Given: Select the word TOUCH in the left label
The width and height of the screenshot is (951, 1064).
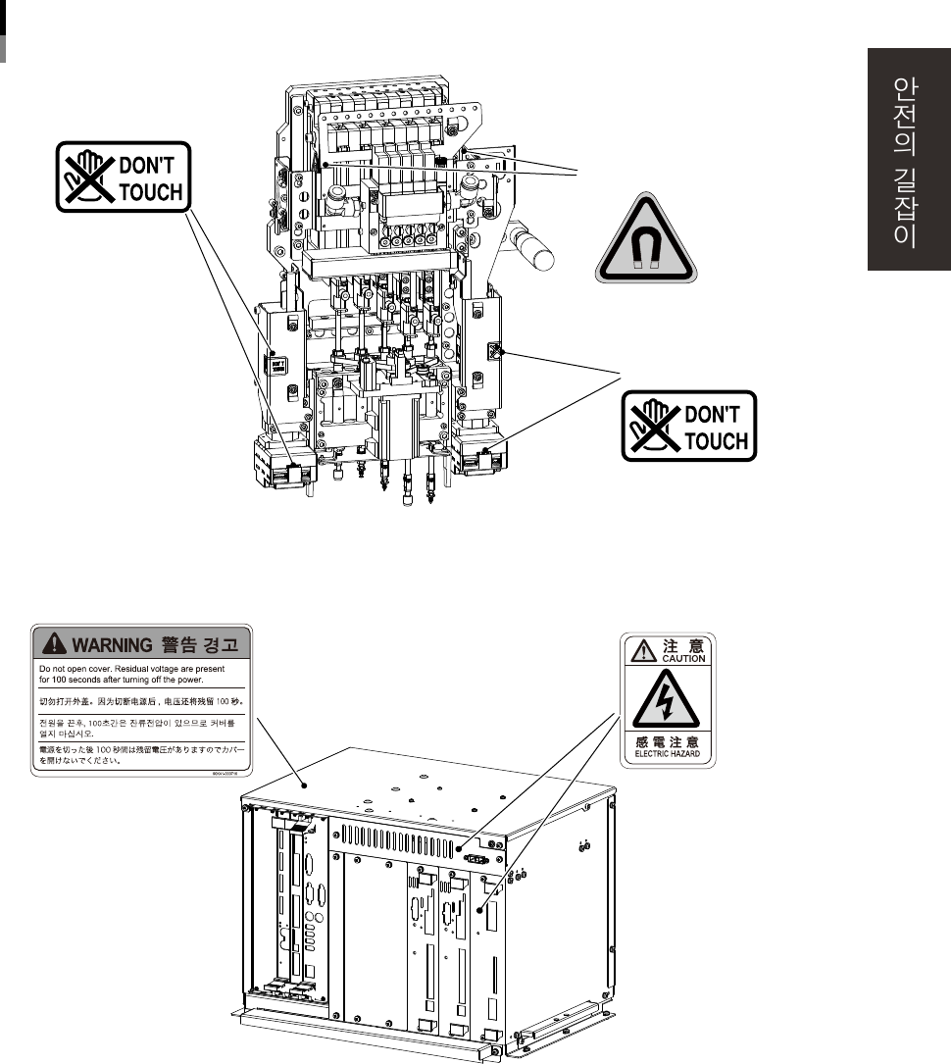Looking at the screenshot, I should click(149, 190).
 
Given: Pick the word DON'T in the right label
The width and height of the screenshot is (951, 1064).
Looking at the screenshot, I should click(718, 415).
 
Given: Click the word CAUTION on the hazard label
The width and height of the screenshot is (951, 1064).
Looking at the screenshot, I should click(682, 659).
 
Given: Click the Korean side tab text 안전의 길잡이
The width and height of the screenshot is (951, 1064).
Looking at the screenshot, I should click(906, 162).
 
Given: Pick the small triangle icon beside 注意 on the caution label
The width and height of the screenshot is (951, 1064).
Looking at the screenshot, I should click(640, 650).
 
